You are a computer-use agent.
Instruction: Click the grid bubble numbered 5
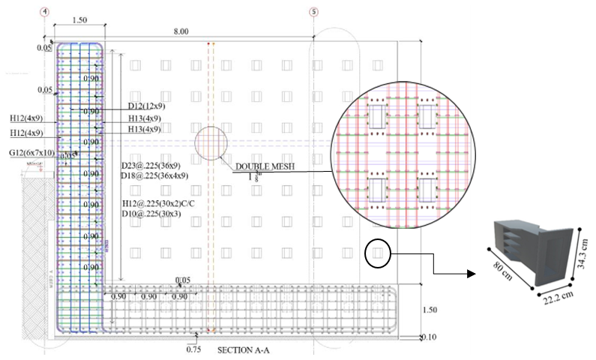(313, 12)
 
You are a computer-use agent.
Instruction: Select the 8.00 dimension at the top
(181, 31)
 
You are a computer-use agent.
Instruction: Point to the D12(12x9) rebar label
(146, 106)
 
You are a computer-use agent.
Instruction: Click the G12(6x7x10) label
(30, 153)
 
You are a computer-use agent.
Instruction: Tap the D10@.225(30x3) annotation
(151, 214)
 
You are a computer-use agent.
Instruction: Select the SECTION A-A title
(246, 350)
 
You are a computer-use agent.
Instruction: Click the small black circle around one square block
(377, 253)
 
